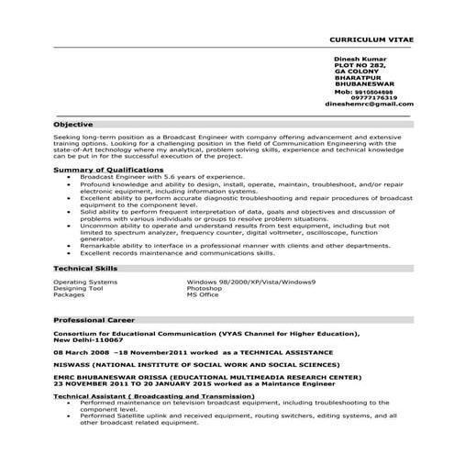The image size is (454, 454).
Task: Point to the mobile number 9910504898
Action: point(372,92)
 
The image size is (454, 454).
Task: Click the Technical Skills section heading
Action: point(86,268)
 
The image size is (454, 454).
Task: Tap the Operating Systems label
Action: point(85,282)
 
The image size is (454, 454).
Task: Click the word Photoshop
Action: point(205,288)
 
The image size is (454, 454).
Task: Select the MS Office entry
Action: point(203,294)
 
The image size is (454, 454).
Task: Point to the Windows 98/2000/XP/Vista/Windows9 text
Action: point(250,282)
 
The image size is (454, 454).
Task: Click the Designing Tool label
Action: point(80,288)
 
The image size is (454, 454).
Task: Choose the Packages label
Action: point(69,294)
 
